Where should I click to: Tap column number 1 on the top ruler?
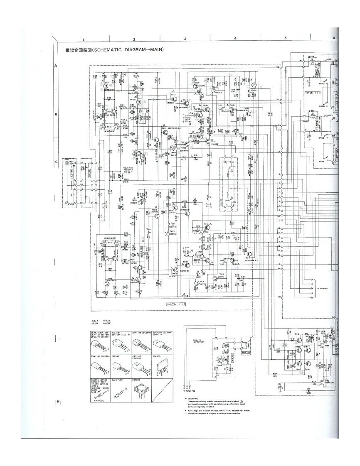(84, 39)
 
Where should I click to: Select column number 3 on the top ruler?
(185, 39)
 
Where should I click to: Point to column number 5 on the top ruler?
(286, 39)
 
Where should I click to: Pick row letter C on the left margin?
(55, 162)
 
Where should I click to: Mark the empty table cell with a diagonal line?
(163, 389)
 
